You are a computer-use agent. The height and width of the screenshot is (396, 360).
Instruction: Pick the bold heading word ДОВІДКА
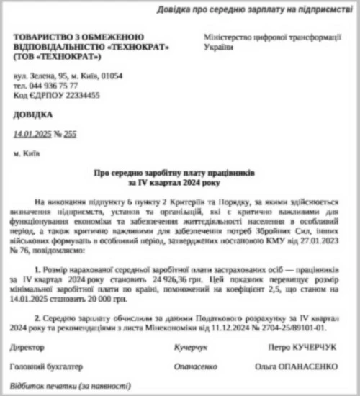click(33, 114)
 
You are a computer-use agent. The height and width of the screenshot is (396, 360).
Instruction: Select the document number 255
click(70, 133)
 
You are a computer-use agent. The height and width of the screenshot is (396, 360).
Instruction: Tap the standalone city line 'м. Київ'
click(27, 153)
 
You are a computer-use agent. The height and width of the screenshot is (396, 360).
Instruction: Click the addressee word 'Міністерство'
click(228, 36)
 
